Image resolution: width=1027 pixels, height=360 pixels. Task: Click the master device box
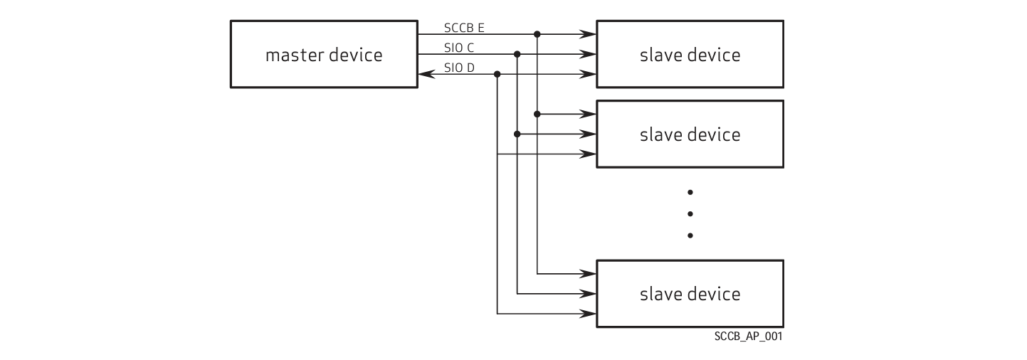tap(324, 54)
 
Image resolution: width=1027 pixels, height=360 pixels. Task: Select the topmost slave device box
tap(690, 54)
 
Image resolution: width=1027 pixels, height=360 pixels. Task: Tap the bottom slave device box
tap(690, 293)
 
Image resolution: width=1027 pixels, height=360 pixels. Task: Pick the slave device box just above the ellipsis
tap(690, 134)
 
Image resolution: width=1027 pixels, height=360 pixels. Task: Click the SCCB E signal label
tap(464, 28)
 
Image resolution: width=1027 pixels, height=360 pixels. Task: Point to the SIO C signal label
tap(458, 48)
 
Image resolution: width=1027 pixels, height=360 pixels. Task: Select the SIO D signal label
tap(459, 68)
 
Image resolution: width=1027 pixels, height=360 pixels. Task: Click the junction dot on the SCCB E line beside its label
tap(537, 33)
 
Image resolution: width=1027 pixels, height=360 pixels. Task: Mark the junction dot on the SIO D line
tap(497, 74)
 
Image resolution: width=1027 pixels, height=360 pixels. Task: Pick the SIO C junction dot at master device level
tap(517, 54)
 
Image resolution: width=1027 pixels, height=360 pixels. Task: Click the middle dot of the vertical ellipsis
tap(690, 213)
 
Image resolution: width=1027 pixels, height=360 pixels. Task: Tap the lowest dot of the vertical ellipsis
tap(690, 235)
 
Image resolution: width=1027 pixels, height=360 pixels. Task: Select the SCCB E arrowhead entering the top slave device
tap(589, 33)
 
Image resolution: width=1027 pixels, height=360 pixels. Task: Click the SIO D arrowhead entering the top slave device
tap(589, 74)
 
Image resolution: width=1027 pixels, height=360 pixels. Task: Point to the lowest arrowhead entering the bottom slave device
tap(589, 313)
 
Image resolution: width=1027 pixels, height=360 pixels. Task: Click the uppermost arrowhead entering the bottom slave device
tap(589, 273)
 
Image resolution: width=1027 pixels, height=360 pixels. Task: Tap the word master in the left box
tap(292, 55)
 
